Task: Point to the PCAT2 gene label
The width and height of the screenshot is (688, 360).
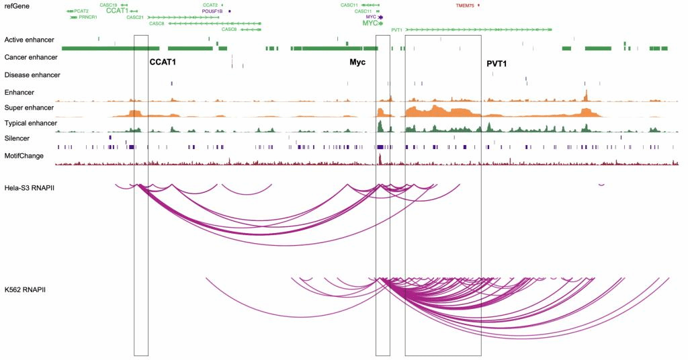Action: tap(81, 11)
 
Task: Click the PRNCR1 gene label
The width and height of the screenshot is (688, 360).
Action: tap(88, 17)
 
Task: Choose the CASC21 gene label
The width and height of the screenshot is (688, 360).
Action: tap(135, 17)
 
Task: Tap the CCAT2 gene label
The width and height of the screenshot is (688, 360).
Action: tap(210, 5)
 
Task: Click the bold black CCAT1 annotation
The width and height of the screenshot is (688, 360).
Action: tap(163, 62)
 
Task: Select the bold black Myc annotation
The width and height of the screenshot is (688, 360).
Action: tap(357, 62)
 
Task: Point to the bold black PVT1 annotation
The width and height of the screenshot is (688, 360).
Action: tap(497, 64)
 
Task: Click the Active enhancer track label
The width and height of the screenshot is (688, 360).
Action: tap(29, 40)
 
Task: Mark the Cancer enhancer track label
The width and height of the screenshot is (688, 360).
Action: tap(31, 58)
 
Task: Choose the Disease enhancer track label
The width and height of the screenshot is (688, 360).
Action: tap(32, 75)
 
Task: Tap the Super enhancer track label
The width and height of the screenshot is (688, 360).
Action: tap(29, 107)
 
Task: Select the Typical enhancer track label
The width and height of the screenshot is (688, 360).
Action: tap(31, 124)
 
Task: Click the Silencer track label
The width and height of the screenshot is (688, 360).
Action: tap(17, 139)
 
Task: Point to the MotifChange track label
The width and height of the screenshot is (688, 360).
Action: tap(24, 156)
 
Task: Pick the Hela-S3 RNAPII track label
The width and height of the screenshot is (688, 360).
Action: tap(29, 187)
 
